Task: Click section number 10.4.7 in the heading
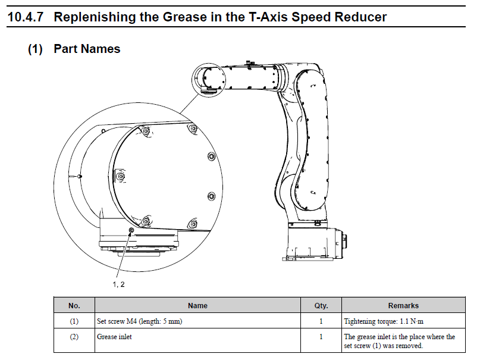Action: click(27, 17)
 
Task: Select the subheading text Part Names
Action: click(87, 49)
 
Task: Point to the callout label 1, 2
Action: click(118, 284)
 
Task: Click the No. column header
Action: click(74, 305)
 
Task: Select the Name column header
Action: click(197, 305)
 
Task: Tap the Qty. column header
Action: click(321, 305)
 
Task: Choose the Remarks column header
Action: click(403, 305)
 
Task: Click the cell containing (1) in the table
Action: click(74, 321)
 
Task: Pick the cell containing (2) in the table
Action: click(74, 337)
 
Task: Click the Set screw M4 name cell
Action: click(139, 321)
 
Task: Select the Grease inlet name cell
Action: click(114, 337)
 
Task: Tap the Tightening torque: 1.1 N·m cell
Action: click(384, 321)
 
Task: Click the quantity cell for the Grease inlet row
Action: click(321, 337)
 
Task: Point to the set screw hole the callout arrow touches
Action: click(131, 230)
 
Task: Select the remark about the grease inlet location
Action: click(400, 341)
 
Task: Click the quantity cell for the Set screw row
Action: click(321, 321)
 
